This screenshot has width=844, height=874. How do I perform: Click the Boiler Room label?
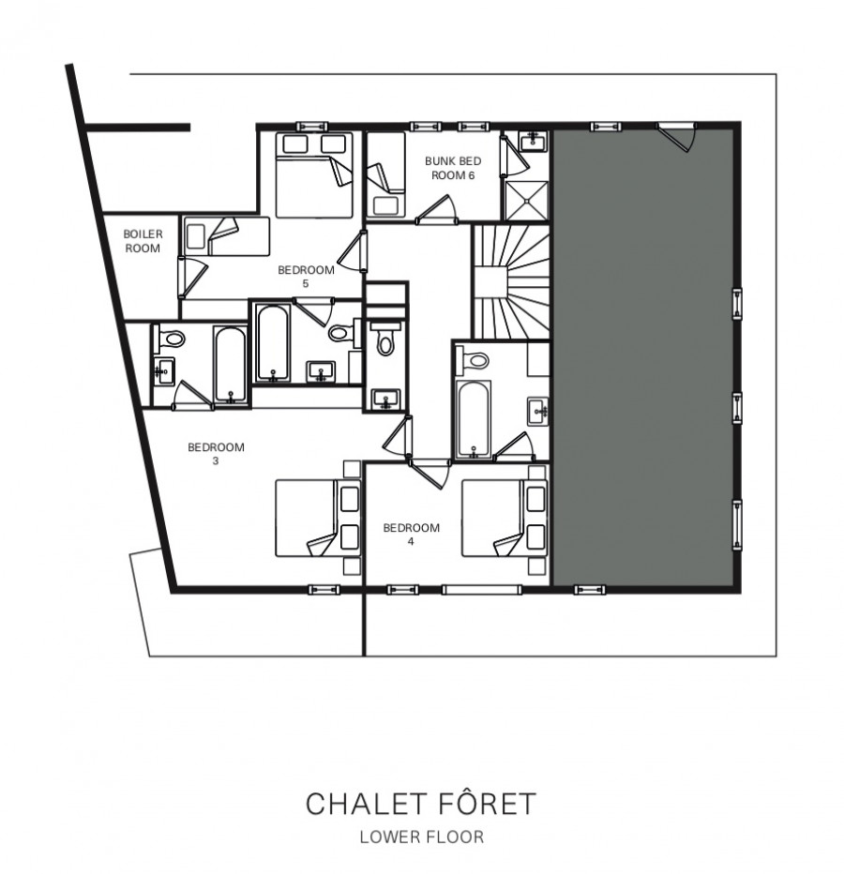coord(143,241)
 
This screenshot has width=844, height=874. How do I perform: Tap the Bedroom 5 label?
coord(306,277)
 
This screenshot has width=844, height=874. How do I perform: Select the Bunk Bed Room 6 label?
coord(453,168)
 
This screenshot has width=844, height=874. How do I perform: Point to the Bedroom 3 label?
coord(216,453)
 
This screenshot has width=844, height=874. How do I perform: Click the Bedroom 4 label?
coord(411,534)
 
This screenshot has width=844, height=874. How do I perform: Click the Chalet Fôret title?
coord(421,804)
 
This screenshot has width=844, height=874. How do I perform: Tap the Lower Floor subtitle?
coord(421,836)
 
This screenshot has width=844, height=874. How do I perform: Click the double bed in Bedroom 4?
coord(504,519)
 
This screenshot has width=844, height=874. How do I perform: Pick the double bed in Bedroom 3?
coord(318,519)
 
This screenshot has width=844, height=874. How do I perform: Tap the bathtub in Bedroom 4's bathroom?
coord(473,419)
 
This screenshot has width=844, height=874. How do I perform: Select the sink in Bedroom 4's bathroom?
coord(538,412)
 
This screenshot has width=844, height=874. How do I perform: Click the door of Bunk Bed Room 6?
coord(437,209)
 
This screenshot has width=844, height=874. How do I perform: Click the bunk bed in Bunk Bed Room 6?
coord(385,174)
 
